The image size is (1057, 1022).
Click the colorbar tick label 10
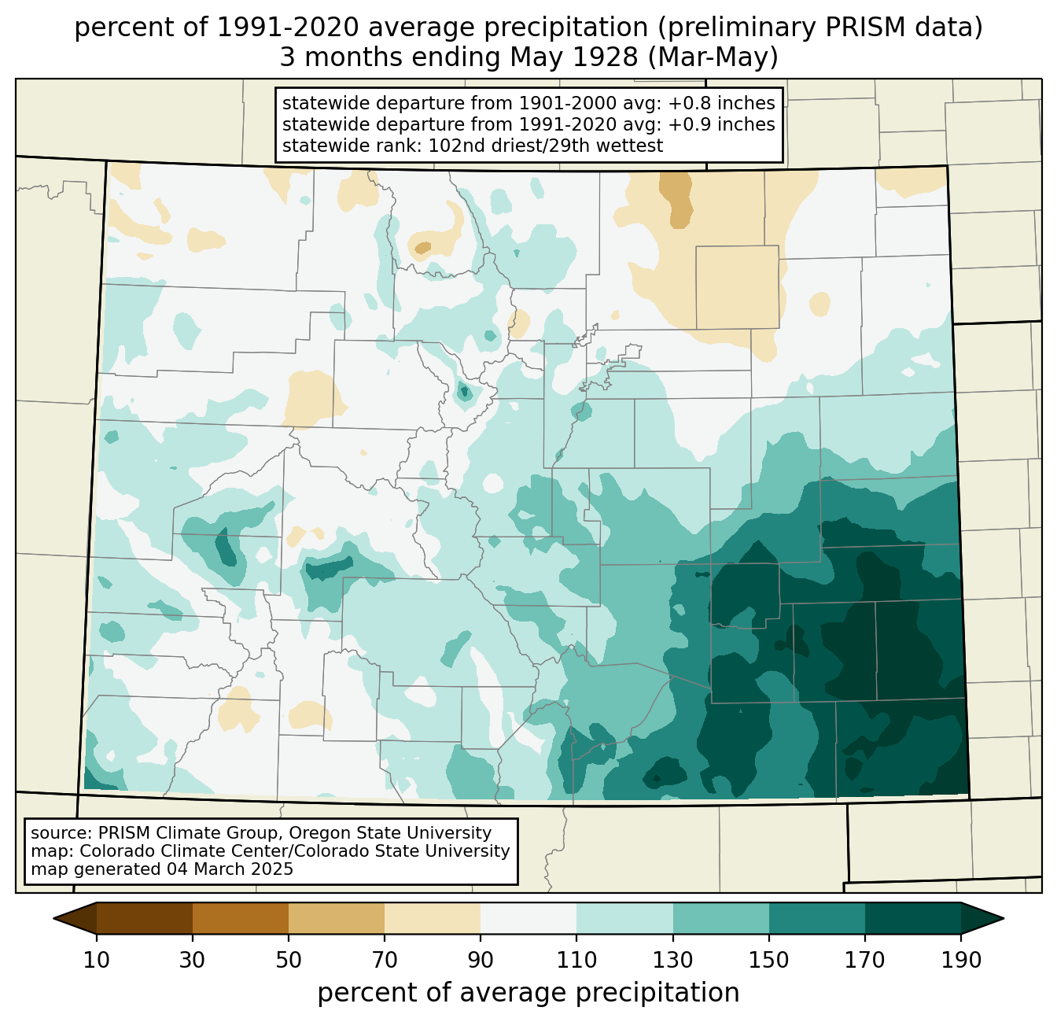point(96,960)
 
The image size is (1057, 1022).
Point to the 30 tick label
point(192,960)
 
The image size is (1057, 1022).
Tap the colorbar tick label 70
point(385,960)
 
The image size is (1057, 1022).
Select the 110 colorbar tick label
point(576,960)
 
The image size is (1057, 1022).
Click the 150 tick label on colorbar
point(768,960)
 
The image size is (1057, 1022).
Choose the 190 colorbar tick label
point(961,960)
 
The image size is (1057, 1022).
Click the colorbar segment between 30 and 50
point(240,918)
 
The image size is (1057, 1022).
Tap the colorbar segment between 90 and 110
point(528,918)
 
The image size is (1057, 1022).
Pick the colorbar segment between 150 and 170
point(816,918)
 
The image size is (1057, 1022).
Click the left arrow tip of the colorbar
point(53,918)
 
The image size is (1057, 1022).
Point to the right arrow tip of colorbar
point(1004,918)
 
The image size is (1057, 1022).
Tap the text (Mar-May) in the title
point(713,58)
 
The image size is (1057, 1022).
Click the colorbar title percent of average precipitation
point(528,993)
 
